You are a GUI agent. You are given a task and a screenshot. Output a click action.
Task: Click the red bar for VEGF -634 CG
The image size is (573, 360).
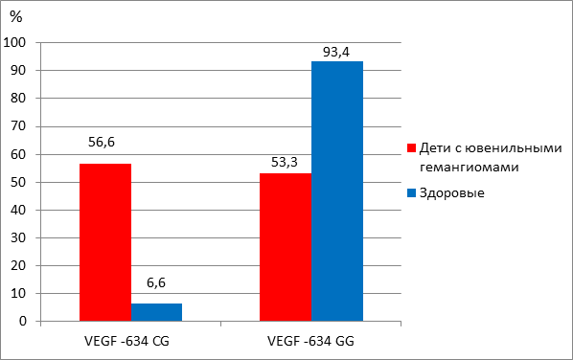(x=105, y=242)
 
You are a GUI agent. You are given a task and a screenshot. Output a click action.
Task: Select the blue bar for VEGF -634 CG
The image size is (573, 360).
(x=156, y=312)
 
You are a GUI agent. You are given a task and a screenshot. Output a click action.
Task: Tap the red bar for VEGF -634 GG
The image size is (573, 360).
(x=286, y=247)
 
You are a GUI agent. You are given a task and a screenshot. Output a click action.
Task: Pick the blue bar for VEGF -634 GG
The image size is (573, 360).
(x=337, y=191)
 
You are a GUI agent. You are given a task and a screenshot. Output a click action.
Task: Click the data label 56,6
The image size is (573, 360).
(x=102, y=142)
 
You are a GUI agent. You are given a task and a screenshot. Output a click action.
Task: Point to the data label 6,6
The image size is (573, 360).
(x=156, y=282)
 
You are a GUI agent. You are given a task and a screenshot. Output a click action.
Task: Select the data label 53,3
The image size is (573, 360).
(x=285, y=162)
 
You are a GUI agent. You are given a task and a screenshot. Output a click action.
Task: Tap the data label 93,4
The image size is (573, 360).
(x=336, y=53)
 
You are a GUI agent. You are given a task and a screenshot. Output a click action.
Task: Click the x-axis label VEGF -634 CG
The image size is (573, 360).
(x=126, y=341)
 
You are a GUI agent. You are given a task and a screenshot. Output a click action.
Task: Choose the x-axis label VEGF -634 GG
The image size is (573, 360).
(x=310, y=341)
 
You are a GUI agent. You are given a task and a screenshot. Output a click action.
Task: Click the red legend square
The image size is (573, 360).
(x=411, y=148)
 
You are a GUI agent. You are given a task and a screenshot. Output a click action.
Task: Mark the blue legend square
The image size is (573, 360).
(x=411, y=192)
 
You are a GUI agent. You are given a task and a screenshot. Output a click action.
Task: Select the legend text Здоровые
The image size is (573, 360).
(x=452, y=192)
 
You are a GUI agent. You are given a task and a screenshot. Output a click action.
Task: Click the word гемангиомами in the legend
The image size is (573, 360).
(x=470, y=168)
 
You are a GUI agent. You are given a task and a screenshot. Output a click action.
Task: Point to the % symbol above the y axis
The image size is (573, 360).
(x=16, y=16)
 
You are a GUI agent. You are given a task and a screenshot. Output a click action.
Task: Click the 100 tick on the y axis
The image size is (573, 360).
(x=14, y=43)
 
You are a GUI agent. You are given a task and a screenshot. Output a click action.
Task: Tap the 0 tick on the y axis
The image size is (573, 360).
(x=23, y=322)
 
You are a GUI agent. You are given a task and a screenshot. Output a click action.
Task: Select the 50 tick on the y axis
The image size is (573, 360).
(x=18, y=182)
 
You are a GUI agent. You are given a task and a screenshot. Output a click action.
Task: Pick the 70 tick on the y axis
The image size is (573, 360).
(x=18, y=126)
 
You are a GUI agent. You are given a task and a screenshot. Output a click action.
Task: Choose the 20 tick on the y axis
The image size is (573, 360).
(x=18, y=265)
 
